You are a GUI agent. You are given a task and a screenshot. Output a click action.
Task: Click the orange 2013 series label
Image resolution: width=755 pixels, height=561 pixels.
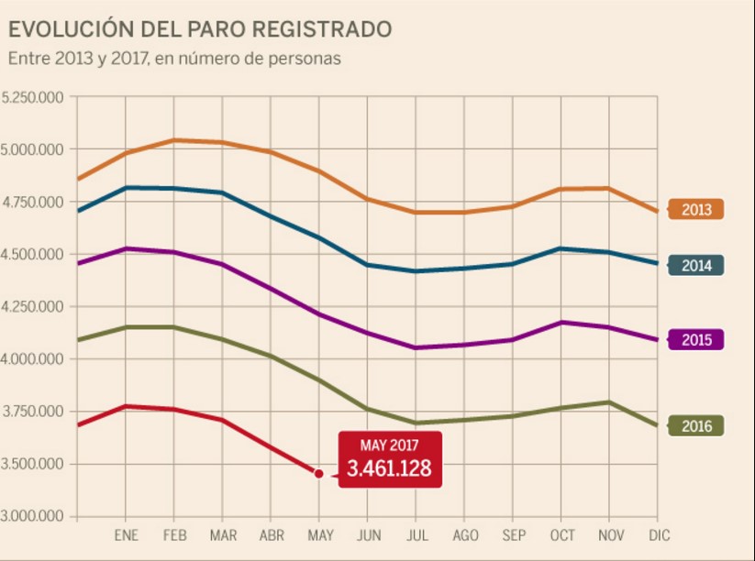(696, 209)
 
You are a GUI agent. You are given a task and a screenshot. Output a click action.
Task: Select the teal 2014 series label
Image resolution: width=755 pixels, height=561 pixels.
(696, 266)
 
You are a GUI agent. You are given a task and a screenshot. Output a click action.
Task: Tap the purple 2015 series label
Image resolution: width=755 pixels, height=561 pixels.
(696, 339)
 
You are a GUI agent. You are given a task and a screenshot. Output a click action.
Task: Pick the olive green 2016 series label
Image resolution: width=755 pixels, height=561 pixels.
(696, 425)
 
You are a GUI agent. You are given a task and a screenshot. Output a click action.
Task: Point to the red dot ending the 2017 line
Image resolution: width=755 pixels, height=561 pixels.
(318, 474)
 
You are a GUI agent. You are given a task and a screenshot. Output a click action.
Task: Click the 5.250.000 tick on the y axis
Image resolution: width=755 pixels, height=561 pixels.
(32, 97)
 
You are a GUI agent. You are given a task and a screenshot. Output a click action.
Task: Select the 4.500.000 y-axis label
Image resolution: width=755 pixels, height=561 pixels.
(32, 254)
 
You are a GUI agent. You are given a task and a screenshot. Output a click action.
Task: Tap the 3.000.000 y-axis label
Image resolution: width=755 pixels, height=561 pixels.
(32, 515)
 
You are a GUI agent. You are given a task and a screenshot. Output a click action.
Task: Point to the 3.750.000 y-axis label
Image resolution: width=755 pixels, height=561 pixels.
(32, 411)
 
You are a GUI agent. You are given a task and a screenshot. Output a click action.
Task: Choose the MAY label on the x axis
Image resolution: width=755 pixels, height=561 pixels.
(319, 535)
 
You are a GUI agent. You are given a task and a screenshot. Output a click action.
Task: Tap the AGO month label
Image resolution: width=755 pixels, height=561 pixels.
(465, 535)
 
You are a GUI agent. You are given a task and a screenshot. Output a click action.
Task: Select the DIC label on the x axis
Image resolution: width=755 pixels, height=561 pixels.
(658, 535)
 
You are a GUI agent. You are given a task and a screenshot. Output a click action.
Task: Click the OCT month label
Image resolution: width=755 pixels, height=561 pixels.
(561, 535)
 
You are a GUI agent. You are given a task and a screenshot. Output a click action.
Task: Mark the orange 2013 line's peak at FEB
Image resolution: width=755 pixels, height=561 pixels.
(173, 140)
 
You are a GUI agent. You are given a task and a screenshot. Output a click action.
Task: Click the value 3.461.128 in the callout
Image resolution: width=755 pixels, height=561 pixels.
(389, 470)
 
